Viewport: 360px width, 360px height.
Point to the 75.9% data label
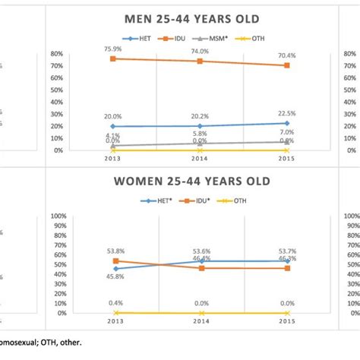[x=114, y=50]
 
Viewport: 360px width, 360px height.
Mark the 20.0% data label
[x=114, y=117]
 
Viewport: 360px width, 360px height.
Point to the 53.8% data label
[x=114, y=251]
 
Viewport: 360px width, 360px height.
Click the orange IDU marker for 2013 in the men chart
[x=114, y=58]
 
